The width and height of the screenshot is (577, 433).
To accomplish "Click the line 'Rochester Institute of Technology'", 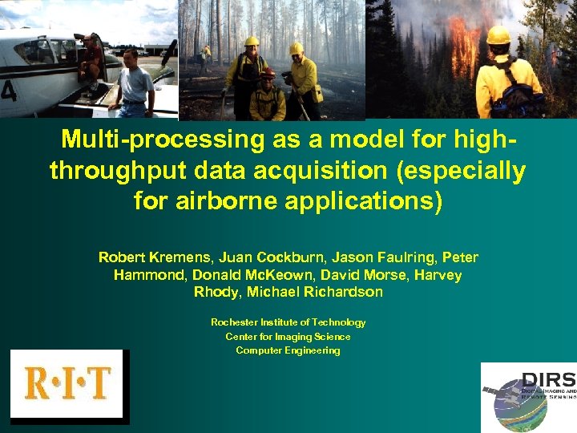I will coord(288,322).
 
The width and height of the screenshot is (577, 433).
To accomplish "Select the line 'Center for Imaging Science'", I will coord(288,337).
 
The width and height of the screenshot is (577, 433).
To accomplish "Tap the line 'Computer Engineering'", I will coord(288,351).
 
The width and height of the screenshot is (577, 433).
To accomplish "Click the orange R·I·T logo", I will coord(67,383).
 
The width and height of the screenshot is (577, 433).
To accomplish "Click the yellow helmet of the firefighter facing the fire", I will coord(498,35).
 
